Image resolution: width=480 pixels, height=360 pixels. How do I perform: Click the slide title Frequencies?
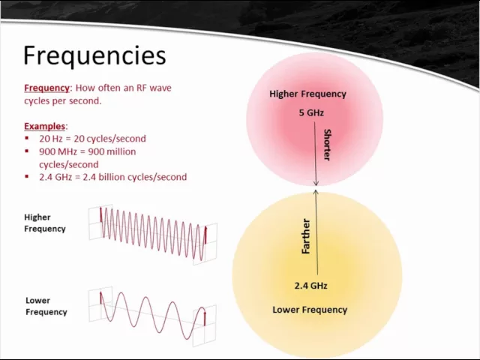click(x=94, y=55)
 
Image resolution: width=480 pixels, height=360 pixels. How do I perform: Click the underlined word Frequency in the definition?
click(x=47, y=88)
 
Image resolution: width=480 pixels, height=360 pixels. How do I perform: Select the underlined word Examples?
click(x=45, y=126)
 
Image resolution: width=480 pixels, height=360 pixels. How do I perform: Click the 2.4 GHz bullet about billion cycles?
click(x=112, y=177)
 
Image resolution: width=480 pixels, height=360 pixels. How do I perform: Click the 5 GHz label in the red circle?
click(x=311, y=113)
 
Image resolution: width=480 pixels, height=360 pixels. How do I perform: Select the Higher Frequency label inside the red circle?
click(x=307, y=94)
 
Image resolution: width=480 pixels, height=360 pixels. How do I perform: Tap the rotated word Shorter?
click(x=327, y=144)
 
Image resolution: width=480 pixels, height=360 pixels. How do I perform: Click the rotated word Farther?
click(x=306, y=235)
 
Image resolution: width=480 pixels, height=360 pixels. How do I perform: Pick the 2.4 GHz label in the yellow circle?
click(x=310, y=286)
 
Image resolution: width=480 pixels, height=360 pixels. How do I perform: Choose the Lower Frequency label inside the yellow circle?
click(x=310, y=310)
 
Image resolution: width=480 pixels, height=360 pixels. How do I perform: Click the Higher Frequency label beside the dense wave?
click(x=45, y=223)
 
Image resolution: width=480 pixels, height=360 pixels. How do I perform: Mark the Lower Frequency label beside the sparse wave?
click(x=46, y=306)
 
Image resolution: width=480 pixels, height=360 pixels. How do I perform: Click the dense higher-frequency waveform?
click(x=153, y=233)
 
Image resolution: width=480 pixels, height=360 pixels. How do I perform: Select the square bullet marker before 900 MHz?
click(x=28, y=151)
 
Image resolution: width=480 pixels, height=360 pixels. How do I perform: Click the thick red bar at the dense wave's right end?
click(x=205, y=236)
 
